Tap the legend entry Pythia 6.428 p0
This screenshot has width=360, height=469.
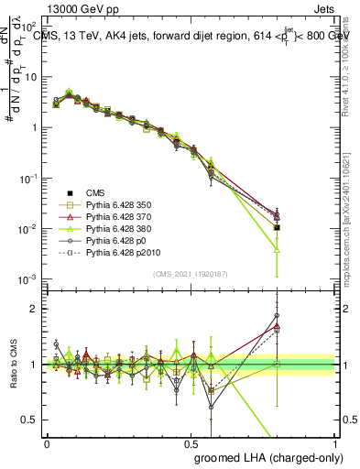pyautogui.click(x=117, y=248)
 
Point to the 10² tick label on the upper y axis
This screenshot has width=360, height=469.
pyautogui.click(x=30, y=26)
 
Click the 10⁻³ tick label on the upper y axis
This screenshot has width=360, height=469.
pyautogui.click(x=30, y=278)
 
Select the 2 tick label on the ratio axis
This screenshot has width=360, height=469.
pyautogui.click(x=35, y=309)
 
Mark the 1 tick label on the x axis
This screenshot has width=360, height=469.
pyautogui.click(x=334, y=442)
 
